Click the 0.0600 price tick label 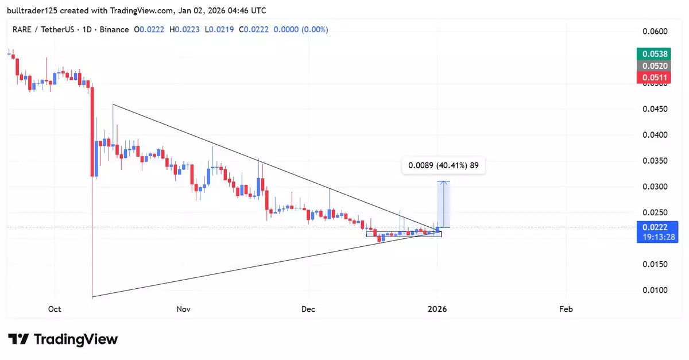click(x=654, y=32)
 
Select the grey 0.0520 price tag click(x=654, y=66)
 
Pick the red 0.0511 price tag click(x=654, y=78)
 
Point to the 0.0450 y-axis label click(x=654, y=109)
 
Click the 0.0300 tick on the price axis click(x=654, y=187)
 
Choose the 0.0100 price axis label click(x=654, y=290)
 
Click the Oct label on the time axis click(x=55, y=309)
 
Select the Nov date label click(x=183, y=309)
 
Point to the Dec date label click(x=308, y=309)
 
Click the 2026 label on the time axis click(x=438, y=309)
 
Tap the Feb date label click(x=566, y=309)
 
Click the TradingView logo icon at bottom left click(x=18, y=339)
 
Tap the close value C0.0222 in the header click(x=256, y=29)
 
